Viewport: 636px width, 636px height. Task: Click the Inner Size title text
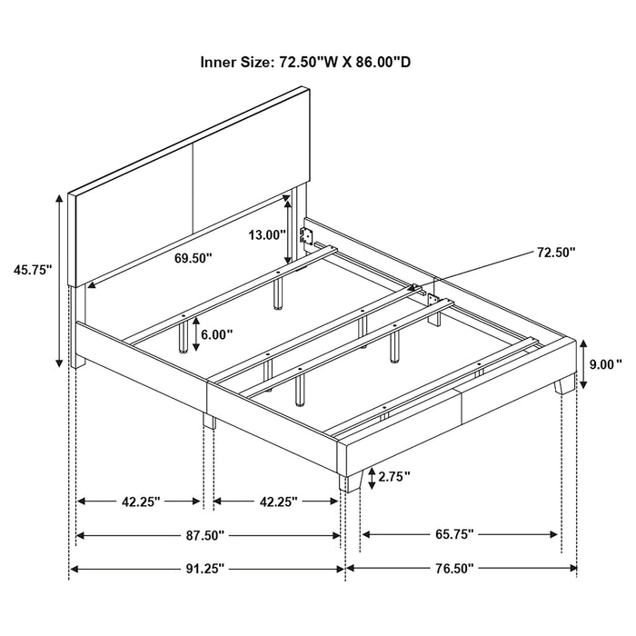coord(319,64)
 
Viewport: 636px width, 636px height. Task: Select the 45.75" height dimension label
coord(33,269)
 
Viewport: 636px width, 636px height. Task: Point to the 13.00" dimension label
coord(267,234)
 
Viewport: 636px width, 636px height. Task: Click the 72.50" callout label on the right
coord(557,253)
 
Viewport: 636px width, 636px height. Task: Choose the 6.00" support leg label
coord(217,333)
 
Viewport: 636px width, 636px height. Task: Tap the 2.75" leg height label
coord(394,475)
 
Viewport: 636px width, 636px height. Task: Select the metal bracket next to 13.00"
coord(309,237)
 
